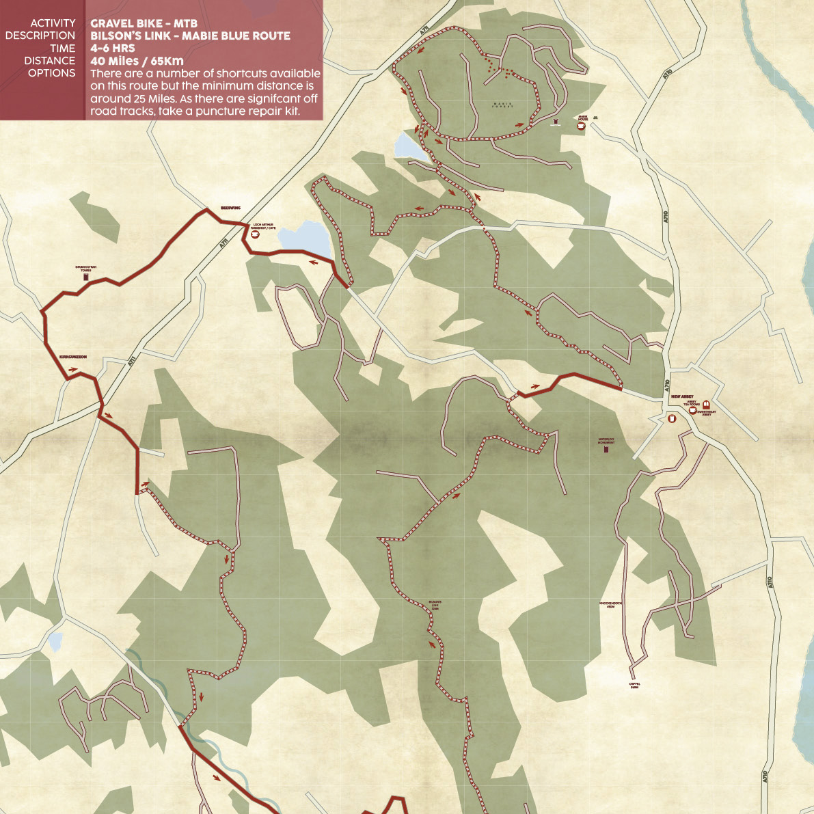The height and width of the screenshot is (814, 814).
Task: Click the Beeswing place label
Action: pyautogui.click(x=230, y=208)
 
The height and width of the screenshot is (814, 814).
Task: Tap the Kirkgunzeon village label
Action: pyautogui.click(x=73, y=357)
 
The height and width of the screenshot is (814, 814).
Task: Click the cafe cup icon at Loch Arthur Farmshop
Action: pyautogui.click(x=256, y=234)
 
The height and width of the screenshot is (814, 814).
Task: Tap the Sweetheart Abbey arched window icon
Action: pyautogui.click(x=706, y=405)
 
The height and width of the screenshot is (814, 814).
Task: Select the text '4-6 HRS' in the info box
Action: pyautogui.click(x=112, y=49)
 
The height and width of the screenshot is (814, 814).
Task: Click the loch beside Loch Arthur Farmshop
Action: pyautogui.click(x=303, y=236)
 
